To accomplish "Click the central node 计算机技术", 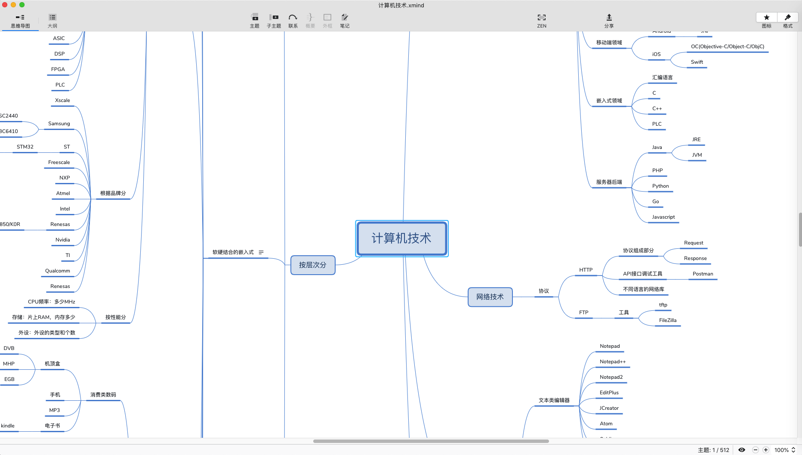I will tap(401, 238).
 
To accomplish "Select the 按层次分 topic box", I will tap(313, 265).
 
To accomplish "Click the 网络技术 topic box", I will tap(490, 297).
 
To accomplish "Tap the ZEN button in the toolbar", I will tap(542, 20).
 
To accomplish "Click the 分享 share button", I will tap(609, 20).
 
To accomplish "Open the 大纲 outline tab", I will tap(52, 20).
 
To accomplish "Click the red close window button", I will tap(5, 5).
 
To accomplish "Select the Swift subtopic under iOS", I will tap(697, 62).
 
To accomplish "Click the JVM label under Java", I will tap(697, 155).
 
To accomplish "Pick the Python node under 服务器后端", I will tap(660, 186).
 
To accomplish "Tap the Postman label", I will tap(703, 274).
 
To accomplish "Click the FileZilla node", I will tap(668, 320).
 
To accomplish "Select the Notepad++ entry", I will tap(613, 362).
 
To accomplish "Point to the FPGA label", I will tap(58, 69).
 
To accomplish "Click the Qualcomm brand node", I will tap(58, 271).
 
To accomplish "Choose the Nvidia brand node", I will tap(63, 240).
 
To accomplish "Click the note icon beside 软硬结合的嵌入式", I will tap(261, 252).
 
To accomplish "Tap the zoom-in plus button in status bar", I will tap(766, 450).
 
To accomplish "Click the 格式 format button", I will tap(788, 20).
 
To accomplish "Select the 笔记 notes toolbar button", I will tap(345, 20).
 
